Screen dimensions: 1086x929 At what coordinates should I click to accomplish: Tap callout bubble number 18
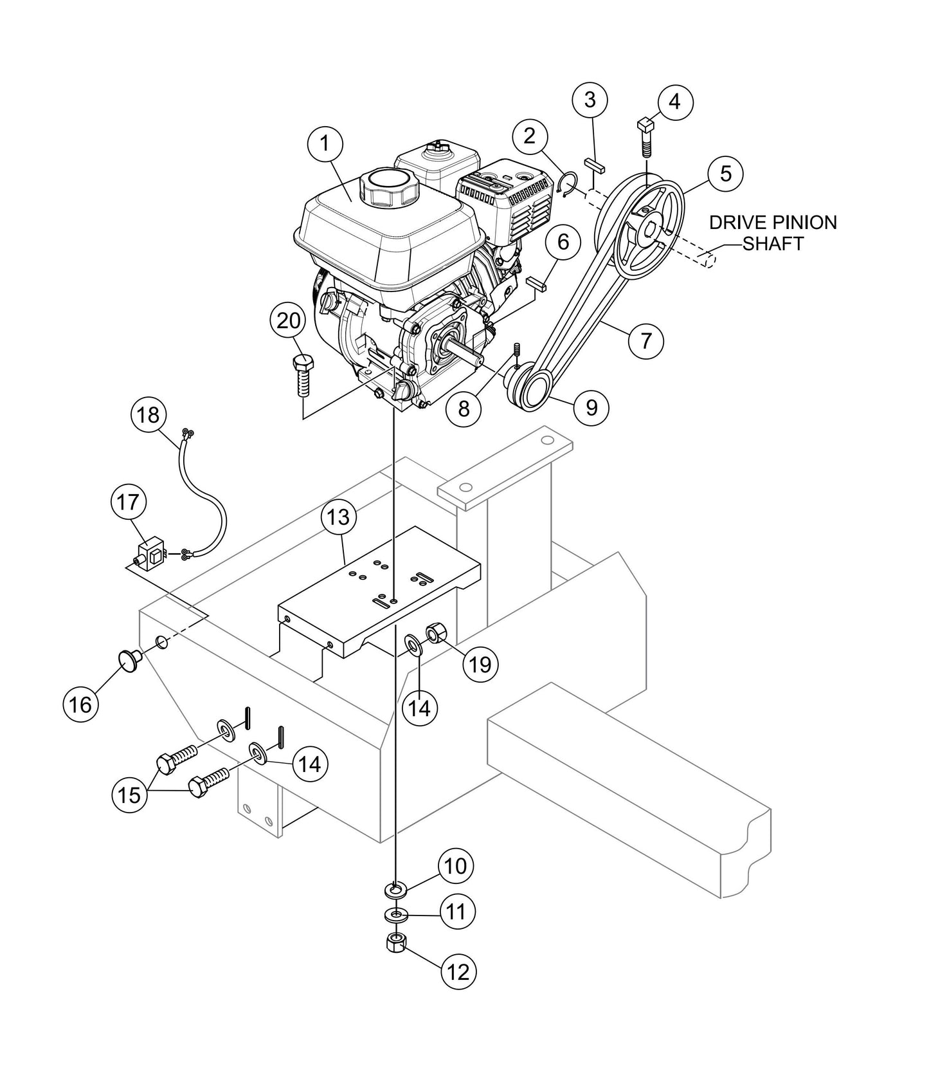pos(149,415)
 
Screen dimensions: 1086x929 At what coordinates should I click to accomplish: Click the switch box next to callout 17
pos(153,553)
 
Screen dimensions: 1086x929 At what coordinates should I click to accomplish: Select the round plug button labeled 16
pos(127,659)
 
